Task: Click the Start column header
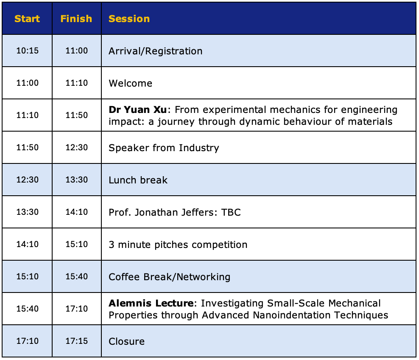pos(27,19)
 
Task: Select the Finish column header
pos(76,19)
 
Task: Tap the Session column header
pos(129,19)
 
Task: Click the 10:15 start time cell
pos(27,51)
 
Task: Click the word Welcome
pos(130,83)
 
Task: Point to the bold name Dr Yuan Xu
pos(138,110)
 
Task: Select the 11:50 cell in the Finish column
pos(77,115)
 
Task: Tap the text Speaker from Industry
pos(164,148)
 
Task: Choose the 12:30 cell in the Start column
pos(27,180)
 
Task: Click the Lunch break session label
pos(138,180)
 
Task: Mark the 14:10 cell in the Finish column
pos(77,212)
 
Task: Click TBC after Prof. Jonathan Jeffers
pos(231,212)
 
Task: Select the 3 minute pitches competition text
pos(178,245)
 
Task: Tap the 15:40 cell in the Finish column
pos(77,276)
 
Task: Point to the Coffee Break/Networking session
pos(169,277)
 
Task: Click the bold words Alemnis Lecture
pos(151,303)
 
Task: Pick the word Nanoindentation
pos(292,315)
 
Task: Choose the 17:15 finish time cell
pos(77,341)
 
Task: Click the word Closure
pos(127,341)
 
